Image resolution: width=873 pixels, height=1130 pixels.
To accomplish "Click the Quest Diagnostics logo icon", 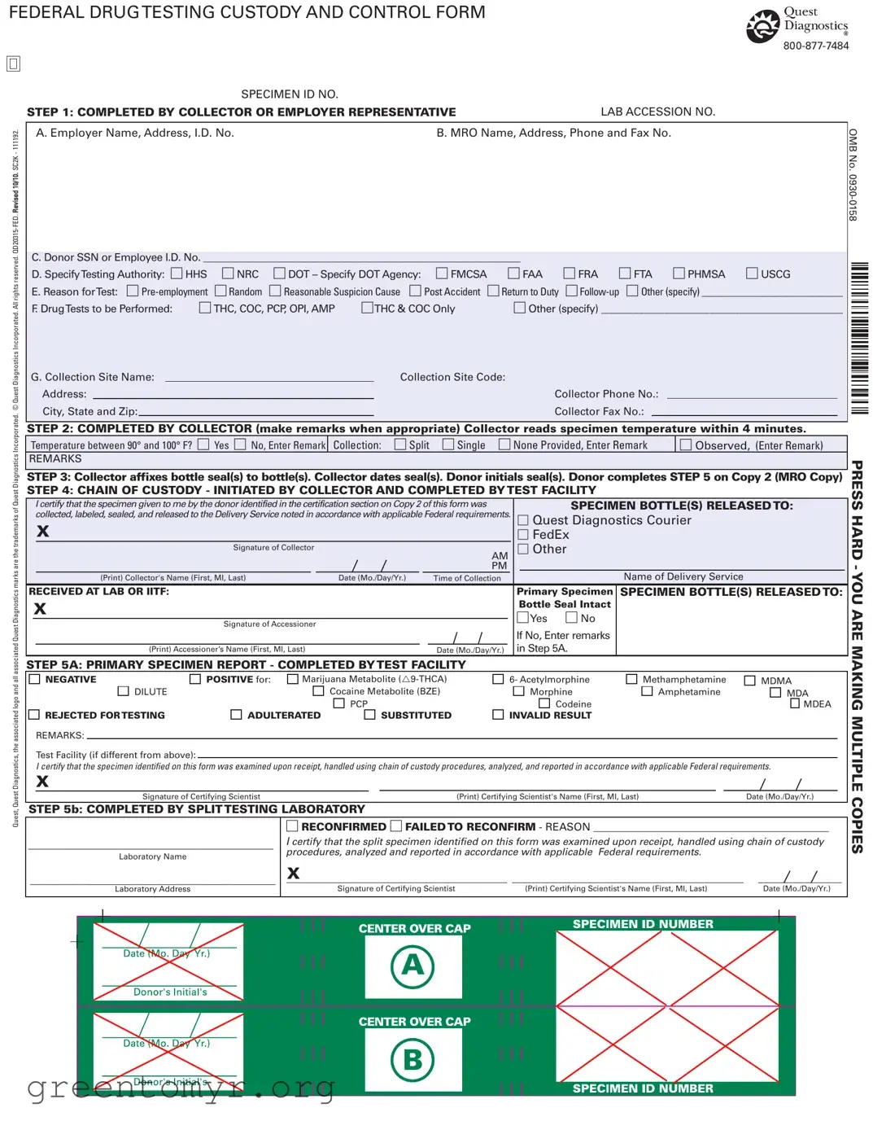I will click(762, 26).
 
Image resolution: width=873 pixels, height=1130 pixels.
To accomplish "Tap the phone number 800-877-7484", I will click(815, 46).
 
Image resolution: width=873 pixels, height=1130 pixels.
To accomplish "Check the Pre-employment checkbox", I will click(133, 291).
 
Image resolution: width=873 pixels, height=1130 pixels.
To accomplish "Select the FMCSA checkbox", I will click(442, 274).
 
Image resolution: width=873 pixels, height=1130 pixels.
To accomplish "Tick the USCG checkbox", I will click(752, 274).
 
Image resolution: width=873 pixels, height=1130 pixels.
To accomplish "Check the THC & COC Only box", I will click(367, 308).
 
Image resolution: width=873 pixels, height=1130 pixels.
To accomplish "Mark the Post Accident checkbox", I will click(415, 291).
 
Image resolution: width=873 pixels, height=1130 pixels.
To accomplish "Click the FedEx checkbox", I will click(523, 535).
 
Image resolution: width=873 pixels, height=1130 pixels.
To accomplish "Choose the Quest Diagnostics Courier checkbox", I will click(523, 520).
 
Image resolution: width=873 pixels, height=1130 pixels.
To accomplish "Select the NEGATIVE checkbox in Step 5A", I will click(35, 679).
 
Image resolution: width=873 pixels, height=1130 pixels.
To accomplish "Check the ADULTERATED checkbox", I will click(236, 715).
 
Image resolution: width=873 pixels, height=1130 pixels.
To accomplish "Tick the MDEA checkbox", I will click(795, 703).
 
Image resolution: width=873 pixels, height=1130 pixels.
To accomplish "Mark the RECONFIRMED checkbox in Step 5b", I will click(291, 826).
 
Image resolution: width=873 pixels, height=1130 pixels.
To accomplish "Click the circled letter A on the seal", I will click(412, 966).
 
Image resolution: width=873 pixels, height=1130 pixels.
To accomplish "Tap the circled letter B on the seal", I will click(412, 1059).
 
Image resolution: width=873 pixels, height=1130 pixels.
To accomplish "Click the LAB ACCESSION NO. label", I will click(657, 112).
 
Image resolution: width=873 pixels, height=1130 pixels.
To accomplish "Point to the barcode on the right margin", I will click(859, 338).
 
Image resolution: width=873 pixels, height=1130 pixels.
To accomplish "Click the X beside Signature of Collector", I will click(43, 531).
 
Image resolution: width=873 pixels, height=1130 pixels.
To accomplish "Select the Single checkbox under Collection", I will click(448, 445).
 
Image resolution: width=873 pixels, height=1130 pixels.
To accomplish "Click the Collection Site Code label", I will click(452, 377).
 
